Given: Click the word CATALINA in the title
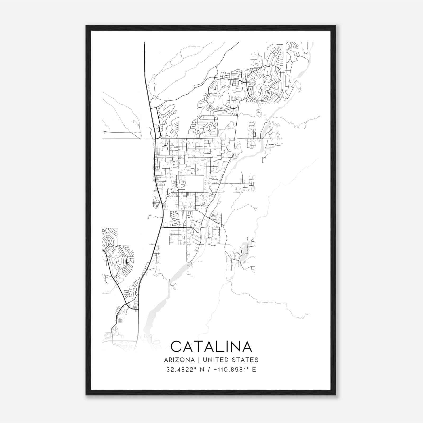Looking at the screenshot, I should click(211, 346).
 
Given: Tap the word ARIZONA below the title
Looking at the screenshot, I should click(179, 360).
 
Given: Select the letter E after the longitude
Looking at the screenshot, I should click(254, 369).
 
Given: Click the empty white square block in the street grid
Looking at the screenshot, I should click(194, 184).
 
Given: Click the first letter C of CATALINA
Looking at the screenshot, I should click(177, 346).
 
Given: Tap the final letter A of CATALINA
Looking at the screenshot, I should click(246, 346).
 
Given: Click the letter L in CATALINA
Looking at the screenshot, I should click(214, 346).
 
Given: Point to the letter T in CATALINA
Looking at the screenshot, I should click(196, 346).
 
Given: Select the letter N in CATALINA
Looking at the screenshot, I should click(233, 346).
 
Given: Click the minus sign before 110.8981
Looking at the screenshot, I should click(211, 369).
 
